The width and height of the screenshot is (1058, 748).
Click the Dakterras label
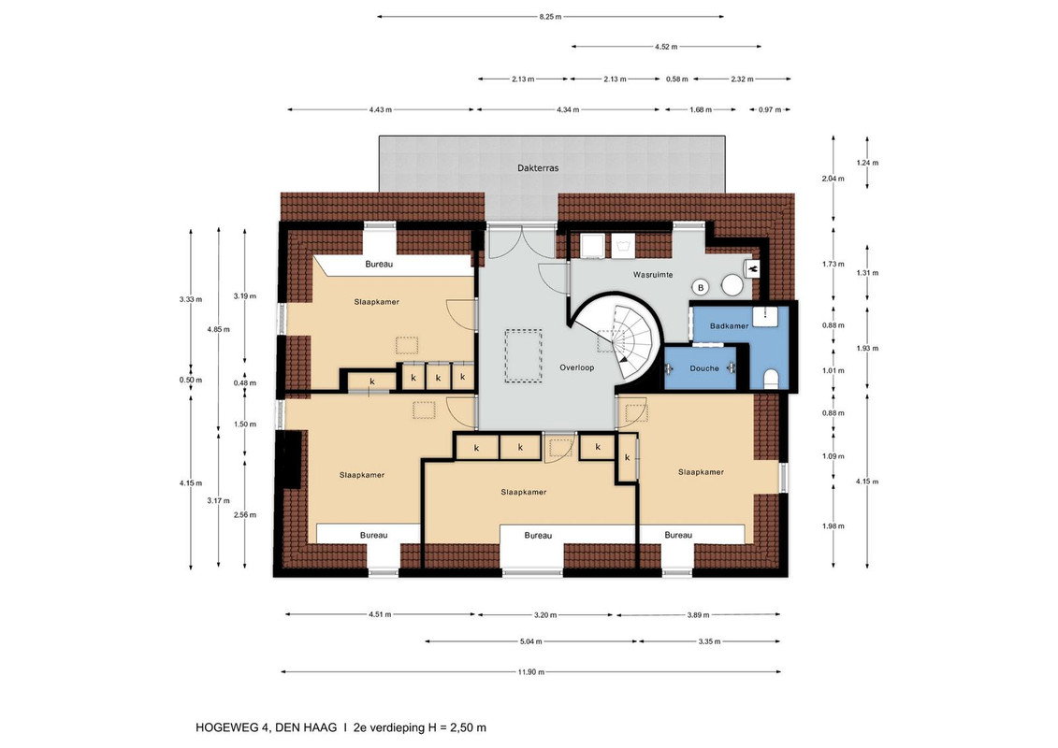click(538, 168)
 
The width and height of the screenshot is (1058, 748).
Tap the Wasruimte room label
click(652, 275)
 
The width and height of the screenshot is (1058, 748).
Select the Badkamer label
click(729, 325)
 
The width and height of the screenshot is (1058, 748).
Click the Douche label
click(704, 368)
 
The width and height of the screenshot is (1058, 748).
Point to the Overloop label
click(577, 367)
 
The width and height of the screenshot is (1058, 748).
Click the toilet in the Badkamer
click(771, 379)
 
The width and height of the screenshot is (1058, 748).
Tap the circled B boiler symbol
click(701, 288)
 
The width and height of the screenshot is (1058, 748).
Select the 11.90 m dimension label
click(531, 671)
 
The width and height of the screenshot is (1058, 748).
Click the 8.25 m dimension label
click(550, 16)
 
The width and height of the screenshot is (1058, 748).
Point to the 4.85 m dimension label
click(218, 329)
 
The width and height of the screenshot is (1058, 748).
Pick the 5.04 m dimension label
click(531, 641)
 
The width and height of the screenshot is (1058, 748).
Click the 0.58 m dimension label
click(676, 79)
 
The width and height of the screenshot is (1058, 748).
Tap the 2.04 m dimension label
click(833, 179)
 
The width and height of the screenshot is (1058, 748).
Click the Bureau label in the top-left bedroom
click(379, 265)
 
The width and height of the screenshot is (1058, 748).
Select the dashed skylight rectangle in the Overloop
click(524, 355)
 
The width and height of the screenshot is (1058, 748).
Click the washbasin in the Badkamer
click(766, 316)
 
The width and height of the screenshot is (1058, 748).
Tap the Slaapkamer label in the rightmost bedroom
click(701, 472)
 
